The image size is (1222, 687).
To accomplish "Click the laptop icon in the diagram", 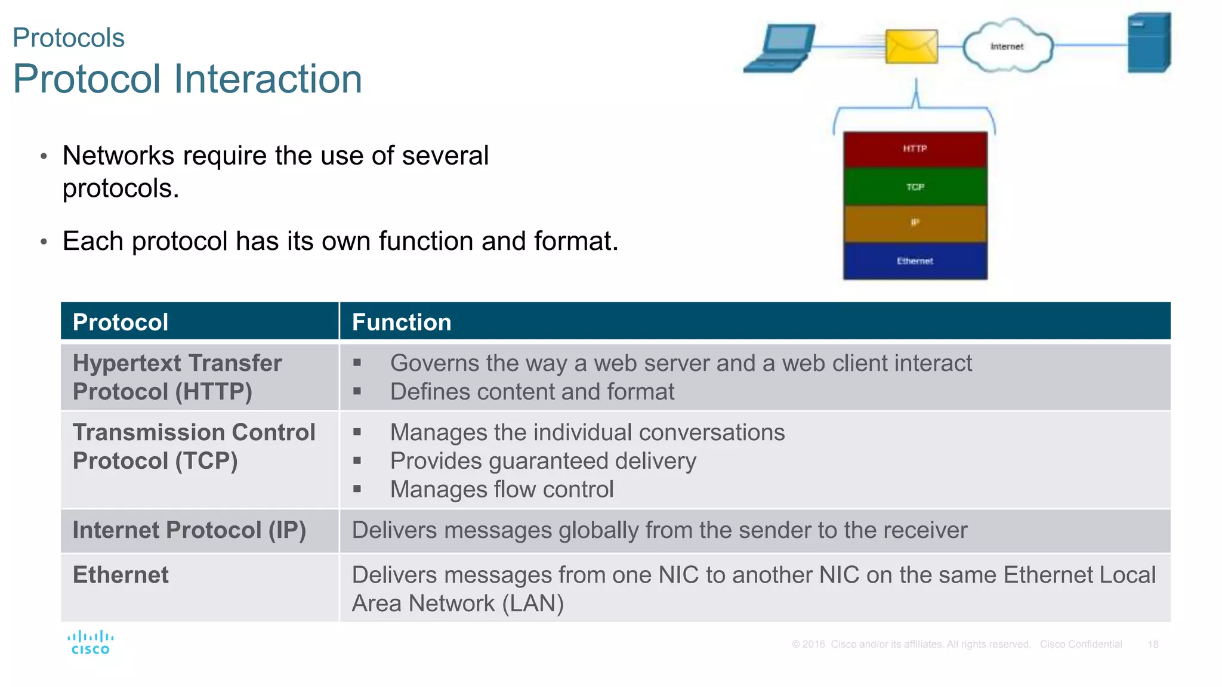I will click(x=780, y=48).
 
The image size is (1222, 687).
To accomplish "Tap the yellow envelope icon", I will click(x=911, y=47).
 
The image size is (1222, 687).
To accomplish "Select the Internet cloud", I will click(x=1007, y=47).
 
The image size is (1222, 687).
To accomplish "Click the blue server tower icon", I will click(x=1149, y=43).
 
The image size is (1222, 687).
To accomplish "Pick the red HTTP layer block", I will click(x=915, y=149).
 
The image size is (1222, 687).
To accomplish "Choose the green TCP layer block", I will click(x=915, y=187).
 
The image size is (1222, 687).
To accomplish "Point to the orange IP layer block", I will click(x=915, y=223).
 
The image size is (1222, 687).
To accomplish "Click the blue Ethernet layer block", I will click(x=915, y=261).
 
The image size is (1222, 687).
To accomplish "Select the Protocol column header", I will click(x=121, y=322).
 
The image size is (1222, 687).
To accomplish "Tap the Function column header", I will click(x=402, y=322).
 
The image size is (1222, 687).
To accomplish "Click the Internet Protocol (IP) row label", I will click(x=189, y=530).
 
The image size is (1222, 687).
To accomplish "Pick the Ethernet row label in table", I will click(x=121, y=575).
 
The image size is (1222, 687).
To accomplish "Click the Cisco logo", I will click(x=90, y=642).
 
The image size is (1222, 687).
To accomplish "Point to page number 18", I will click(x=1153, y=645).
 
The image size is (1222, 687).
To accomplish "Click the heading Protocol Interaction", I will click(x=187, y=79).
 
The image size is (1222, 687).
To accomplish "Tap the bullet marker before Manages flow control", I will click(x=357, y=489).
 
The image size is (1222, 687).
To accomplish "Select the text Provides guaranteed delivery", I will click(x=543, y=461).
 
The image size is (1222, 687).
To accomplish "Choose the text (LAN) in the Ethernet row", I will click(x=533, y=604).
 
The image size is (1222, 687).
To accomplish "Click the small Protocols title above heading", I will click(x=69, y=38).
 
